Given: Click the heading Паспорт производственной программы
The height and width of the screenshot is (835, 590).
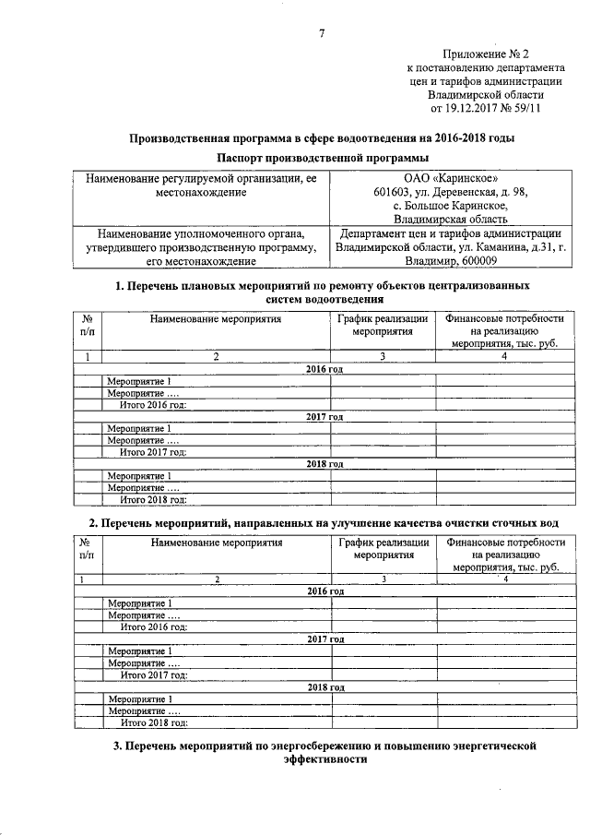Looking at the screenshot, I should [320, 158].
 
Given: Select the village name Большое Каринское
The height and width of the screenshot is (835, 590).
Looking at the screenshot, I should [459, 206].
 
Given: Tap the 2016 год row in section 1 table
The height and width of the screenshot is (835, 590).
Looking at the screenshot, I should [324, 369].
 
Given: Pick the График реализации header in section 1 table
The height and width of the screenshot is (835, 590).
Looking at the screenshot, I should [382, 319].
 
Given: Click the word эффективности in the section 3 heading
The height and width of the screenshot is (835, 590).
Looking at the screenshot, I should [320, 760].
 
